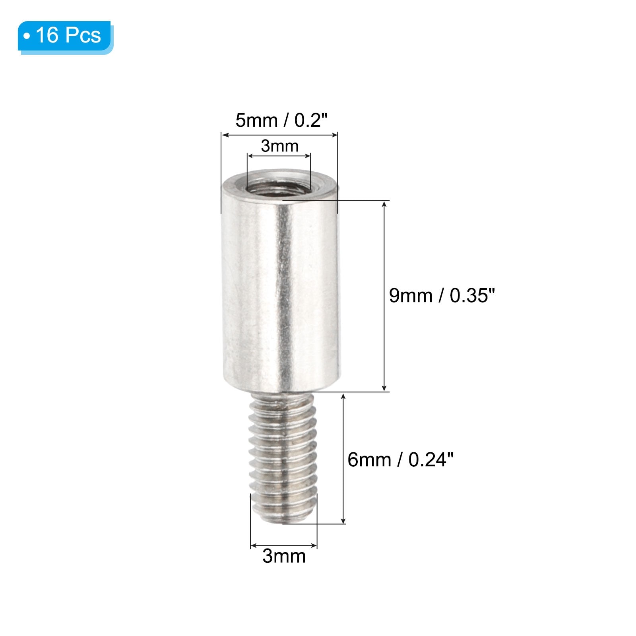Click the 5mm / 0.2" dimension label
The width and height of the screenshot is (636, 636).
pos(281,120)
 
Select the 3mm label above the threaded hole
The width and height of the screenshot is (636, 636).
pos(279,146)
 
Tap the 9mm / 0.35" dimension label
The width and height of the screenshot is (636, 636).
pos(442,296)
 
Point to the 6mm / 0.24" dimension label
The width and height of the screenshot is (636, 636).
pos(400,460)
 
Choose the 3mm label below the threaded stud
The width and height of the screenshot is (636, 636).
pos(284,556)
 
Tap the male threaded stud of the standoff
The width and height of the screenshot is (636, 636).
pos(283,457)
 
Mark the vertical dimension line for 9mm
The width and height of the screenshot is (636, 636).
pos(384,296)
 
